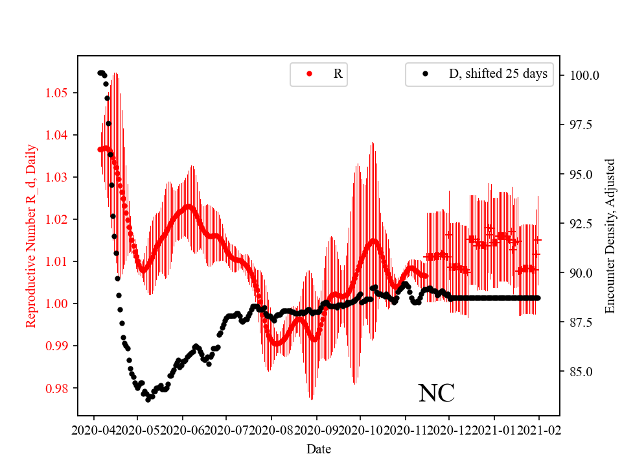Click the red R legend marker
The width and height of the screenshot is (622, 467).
[309, 74]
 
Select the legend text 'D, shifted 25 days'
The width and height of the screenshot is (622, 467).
[498, 74]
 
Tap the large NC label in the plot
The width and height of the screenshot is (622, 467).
[436, 393]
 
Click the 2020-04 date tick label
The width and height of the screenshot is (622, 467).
[95, 429]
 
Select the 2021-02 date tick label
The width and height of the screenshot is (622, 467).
[538, 429]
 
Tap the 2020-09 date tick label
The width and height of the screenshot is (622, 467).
[317, 429]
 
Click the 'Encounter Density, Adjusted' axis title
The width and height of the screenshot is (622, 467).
[610, 236]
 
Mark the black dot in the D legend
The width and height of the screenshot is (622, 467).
[425, 74]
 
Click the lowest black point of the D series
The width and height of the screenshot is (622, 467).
[148, 400]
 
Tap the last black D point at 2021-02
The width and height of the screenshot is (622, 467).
[538, 298]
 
